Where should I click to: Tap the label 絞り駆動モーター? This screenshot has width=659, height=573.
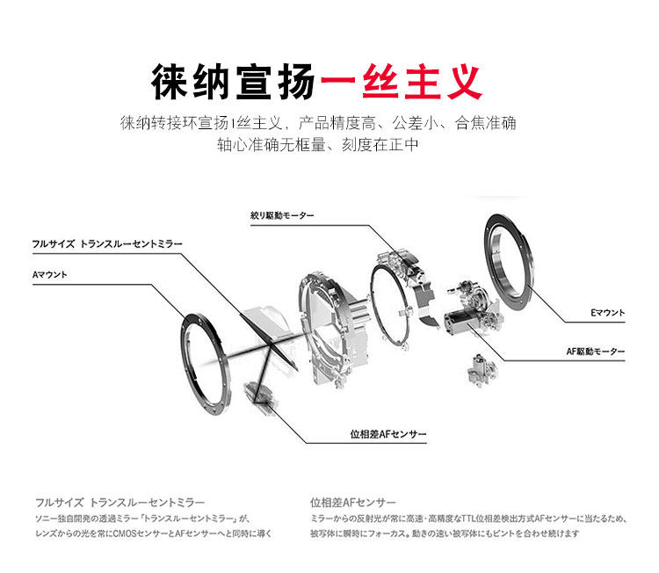coord(282,215)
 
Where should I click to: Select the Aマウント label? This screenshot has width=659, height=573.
coord(50,274)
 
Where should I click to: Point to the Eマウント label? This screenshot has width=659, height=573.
coord(605,312)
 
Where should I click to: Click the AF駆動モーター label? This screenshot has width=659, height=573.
coord(596,352)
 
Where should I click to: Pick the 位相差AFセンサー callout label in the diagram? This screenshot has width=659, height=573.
coord(388,434)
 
